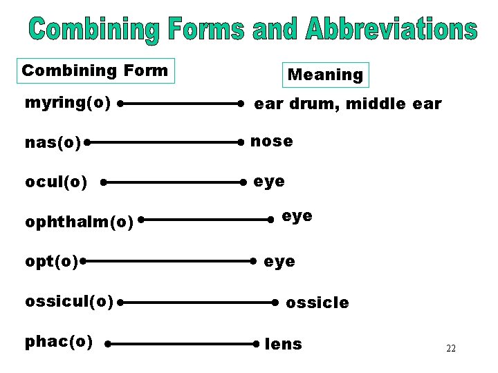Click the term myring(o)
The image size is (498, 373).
[x=68, y=103]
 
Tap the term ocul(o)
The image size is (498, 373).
[x=56, y=182]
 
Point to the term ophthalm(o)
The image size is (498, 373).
[x=79, y=222]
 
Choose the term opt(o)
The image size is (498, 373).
[x=51, y=262]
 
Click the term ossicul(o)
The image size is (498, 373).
[x=68, y=301]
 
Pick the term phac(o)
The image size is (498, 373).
[x=59, y=341]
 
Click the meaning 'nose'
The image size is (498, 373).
[x=271, y=141]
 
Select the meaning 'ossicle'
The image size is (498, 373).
[x=317, y=303]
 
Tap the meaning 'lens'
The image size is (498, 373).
[x=284, y=343]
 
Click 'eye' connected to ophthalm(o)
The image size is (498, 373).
[x=297, y=216]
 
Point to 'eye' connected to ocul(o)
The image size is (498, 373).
[x=269, y=182]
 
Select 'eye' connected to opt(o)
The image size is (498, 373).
[x=279, y=262]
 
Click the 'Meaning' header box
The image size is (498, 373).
[x=325, y=75]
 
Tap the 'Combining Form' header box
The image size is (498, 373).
[x=95, y=70]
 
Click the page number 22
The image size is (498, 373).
[x=451, y=348]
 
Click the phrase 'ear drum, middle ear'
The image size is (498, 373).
[x=347, y=104]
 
